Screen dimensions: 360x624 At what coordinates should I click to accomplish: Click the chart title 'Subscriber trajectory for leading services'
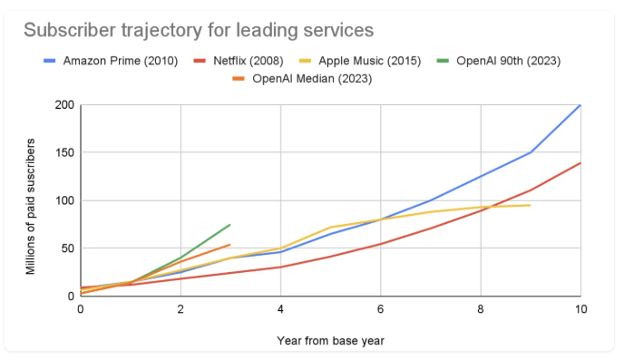click(198, 30)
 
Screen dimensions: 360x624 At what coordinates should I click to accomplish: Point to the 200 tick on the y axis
click(64, 105)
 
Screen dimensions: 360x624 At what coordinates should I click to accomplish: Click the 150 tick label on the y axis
click(64, 153)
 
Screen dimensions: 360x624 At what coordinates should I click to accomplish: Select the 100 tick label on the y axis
click(64, 200)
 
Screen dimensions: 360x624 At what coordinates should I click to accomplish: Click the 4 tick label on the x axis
click(280, 310)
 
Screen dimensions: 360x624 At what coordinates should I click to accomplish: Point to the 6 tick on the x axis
click(381, 310)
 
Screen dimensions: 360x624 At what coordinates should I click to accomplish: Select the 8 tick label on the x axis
click(481, 310)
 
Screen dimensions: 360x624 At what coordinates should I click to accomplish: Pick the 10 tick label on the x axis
click(580, 310)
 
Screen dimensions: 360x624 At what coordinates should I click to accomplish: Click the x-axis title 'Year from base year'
click(330, 341)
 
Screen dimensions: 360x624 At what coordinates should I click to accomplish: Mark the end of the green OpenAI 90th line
click(230, 224)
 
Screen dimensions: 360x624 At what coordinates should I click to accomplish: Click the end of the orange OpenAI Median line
click(230, 244)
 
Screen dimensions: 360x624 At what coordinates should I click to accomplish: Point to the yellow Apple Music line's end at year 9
click(531, 205)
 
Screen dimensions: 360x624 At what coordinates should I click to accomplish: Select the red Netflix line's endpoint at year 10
click(580, 163)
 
